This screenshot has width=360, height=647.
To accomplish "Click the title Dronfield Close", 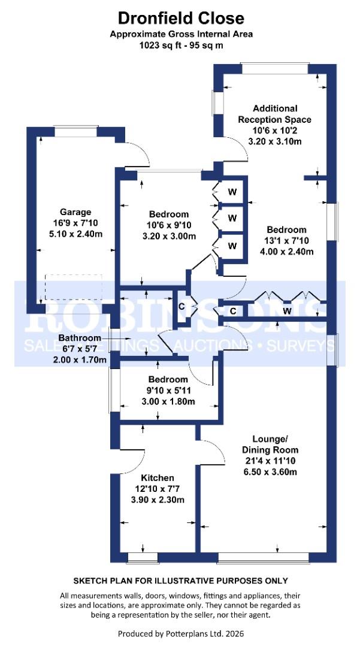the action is tap(181, 18).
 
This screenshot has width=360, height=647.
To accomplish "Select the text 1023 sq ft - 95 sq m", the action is tap(181, 46).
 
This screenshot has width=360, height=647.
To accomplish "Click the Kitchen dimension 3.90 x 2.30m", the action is tap(158, 500).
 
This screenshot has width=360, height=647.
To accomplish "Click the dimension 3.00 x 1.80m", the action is tap(169, 401).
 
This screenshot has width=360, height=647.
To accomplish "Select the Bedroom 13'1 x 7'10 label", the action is tap(286, 240).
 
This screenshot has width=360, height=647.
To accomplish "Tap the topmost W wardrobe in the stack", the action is tap(232, 192).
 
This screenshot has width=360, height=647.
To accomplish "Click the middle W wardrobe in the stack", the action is tap(232, 217).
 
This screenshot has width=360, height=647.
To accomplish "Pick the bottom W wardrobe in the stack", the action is tap(232, 246).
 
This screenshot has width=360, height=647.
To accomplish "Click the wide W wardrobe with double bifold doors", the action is tap(287, 310).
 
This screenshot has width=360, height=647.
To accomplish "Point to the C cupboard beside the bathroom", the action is tap(181, 306).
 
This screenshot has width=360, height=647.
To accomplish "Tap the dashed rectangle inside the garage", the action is tap(74, 288).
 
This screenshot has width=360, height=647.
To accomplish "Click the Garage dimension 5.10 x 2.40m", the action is tap(75, 234).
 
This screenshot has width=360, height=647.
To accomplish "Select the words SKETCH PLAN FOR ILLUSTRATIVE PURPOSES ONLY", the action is tap(180, 581).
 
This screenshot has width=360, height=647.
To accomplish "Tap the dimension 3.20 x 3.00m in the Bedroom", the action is tap(169, 237).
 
